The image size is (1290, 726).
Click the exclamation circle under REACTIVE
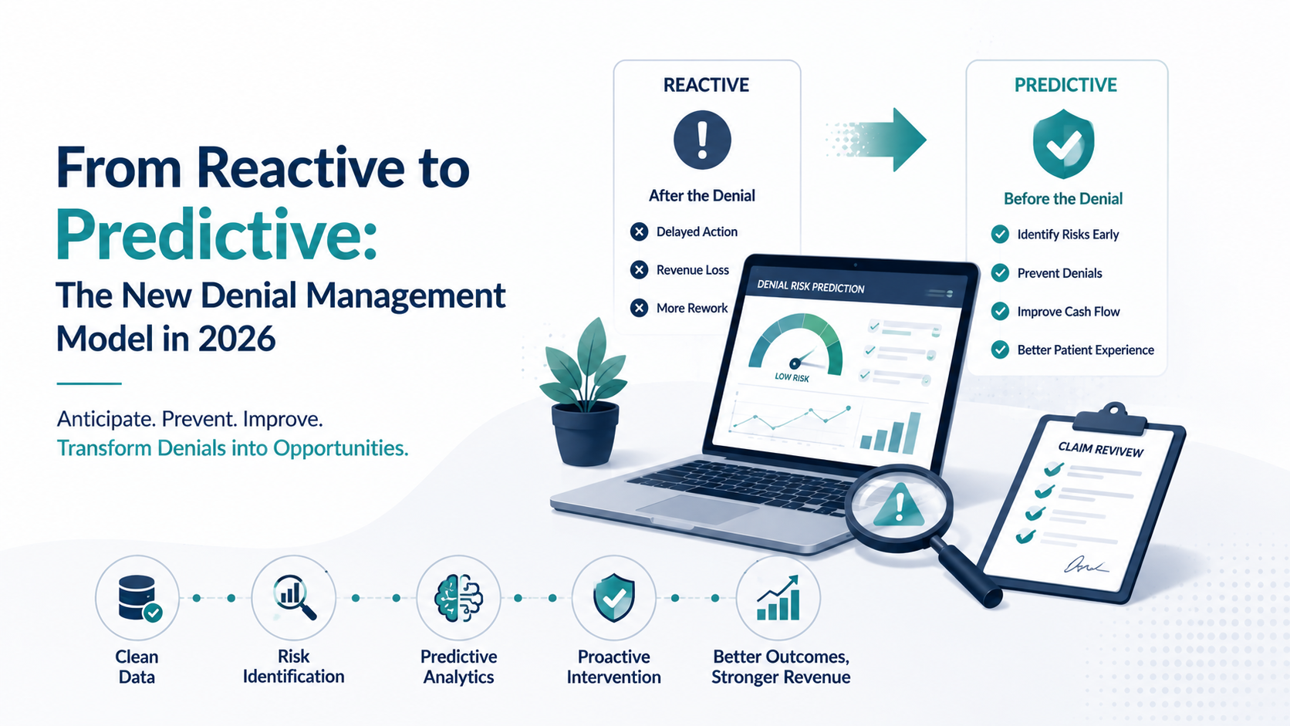(x=702, y=140)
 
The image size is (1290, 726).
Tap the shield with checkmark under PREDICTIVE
(x=1063, y=144)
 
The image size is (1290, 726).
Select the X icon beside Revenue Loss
(x=639, y=269)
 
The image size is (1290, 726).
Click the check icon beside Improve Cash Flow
(x=1000, y=312)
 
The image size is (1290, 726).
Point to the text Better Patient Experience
(x=1086, y=350)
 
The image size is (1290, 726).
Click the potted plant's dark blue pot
(x=585, y=434)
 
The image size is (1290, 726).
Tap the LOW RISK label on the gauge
(x=792, y=378)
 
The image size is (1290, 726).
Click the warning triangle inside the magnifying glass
(x=898, y=505)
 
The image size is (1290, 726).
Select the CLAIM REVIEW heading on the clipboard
(x=1100, y=450)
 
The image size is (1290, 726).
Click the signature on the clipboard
(x=1086, y=566)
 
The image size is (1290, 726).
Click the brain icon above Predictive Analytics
(x=459, y=598)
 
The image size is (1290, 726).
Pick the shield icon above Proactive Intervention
(x=614, y=598)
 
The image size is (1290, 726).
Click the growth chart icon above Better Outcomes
(x=778, y=598)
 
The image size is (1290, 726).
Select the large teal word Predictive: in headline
(x=217, y=235)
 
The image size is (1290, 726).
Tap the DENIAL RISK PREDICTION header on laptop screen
(x=811, y=287)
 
